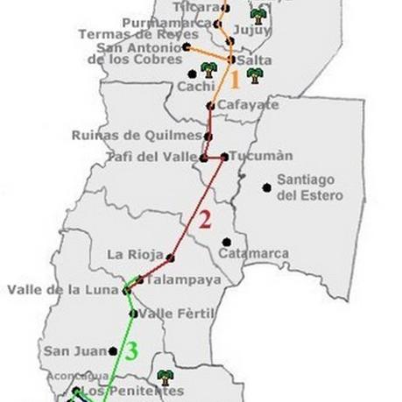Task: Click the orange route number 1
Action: point(234,81)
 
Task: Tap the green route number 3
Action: point(130,352)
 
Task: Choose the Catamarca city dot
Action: point(226,242)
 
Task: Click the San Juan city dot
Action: point(113,350)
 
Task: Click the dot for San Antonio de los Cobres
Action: point(187,46)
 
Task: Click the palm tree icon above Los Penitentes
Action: point(163,377)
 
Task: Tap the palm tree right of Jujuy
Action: point(257,16)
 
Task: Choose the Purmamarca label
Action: point(168,21)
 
